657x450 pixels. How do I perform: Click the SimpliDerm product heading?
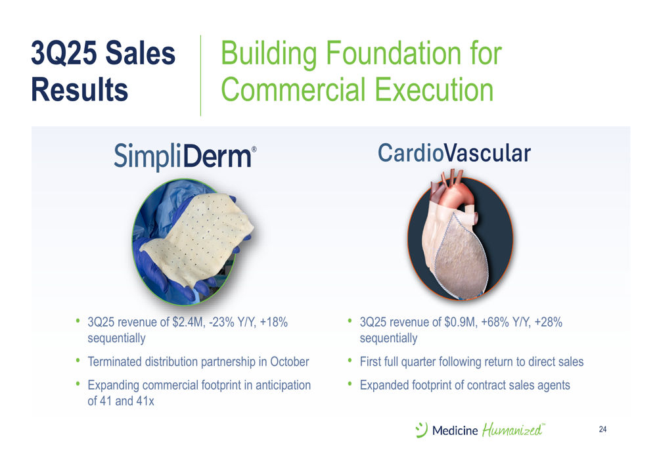pos(185,156)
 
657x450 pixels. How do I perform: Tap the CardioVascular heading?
pos(454,153)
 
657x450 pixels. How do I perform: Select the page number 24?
pos(602,429)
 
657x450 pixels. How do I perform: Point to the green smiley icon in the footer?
pos(422,430)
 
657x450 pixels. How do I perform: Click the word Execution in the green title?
pos(434,89)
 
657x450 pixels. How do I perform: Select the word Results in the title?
pos(79,89)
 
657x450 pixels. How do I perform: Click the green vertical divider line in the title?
pos(200,76)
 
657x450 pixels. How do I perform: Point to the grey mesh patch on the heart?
pos(462,256)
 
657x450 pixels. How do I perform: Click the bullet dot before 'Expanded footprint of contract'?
pos(350,384)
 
